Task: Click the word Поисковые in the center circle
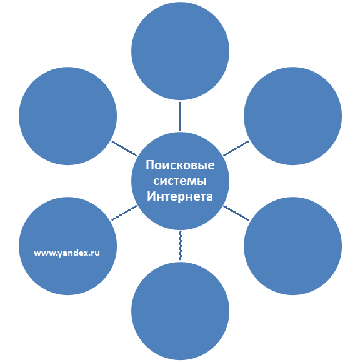pyautogui.click(x=180, y=165)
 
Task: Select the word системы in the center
pyautogui.click(x=180, y=181)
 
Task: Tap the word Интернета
pyautogui.click(x=180, y=197)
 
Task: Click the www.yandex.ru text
pyautogui.click(x=67, y=253)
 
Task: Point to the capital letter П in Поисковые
pyautogui.click(x=150, y=165)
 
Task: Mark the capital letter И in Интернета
pyautogui.click(x=151, y=196)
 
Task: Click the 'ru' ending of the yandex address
pyautogui.click(x=96, y=253)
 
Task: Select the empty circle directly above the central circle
pyautogui.click(x=180, y=51)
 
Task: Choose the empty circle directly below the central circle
pyautogui.click(x=180, y=311)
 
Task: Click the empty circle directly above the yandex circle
pyautogui.click(x=68, y=116)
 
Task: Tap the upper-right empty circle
pyautogui.click(x=293, y=116)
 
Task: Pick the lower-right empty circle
pyautogui.click(x=293, y=246)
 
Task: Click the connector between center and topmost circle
pyautogui.click(x=180, y=116)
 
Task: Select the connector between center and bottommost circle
pyautogui.click(x=181, y=246)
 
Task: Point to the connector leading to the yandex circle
pyautogui.click(x=124, y=213)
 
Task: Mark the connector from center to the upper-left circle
pyautogui.click(x=124, y=149)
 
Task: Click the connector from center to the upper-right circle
pyautogui.click(x=236, y=148)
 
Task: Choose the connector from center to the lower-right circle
pyautogui.click(x=236, y=213)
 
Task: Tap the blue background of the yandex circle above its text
pyautogui.click(x=68, y=226)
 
